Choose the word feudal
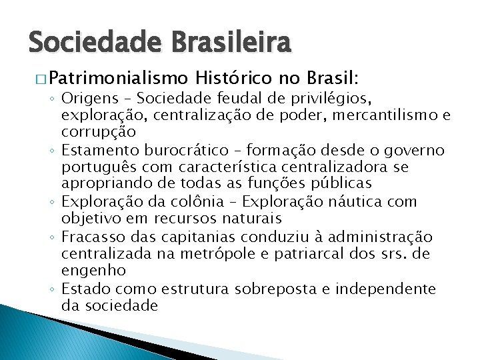click(241, 99)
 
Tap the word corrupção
click(99, 132)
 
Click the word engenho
click(93, 270)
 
